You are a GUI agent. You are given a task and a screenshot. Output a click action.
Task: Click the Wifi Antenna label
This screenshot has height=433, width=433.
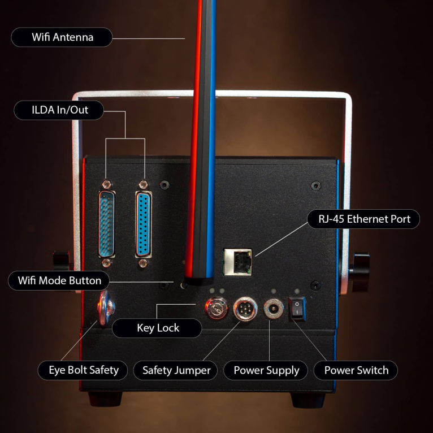click(x=62, y=38)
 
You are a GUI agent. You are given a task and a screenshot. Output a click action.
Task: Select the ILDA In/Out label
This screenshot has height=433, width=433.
click(x=59, y=110)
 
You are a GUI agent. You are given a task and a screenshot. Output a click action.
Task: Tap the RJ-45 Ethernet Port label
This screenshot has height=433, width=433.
click(x=363, y=219)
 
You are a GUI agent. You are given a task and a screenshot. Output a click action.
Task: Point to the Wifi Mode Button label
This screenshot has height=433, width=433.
click(x=59, y=280)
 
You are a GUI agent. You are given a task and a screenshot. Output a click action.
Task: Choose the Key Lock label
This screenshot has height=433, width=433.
click(x=158, y=328)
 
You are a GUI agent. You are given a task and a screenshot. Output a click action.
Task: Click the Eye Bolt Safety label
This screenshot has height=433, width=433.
click(x=79, y=370)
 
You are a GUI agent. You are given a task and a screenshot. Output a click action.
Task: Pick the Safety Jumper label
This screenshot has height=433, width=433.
click(x=176, y=370)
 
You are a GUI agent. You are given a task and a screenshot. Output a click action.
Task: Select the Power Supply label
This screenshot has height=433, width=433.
click(x=266, y=370)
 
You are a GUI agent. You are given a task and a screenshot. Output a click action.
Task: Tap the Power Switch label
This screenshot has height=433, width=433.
click(x=356, y=370)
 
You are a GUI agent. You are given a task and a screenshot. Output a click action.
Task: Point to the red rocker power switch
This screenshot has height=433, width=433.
click(x=297, y=309)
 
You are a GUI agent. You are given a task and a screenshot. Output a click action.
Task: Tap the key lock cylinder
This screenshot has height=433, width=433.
click(x=215, y=308)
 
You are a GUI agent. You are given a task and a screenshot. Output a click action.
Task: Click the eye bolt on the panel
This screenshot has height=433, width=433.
click(x=105, y=309)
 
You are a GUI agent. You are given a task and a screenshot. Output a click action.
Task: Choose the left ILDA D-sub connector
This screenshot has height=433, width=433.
click(x=106, y=225)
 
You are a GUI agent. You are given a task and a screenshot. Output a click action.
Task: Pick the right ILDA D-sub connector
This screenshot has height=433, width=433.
click(x=144, y=225)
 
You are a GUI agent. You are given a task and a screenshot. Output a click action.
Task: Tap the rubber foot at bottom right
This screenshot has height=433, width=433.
click(x=308, y=400)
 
